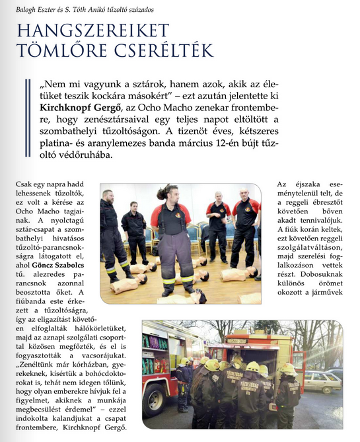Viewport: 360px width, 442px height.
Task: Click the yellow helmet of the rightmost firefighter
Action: point(288,369)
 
